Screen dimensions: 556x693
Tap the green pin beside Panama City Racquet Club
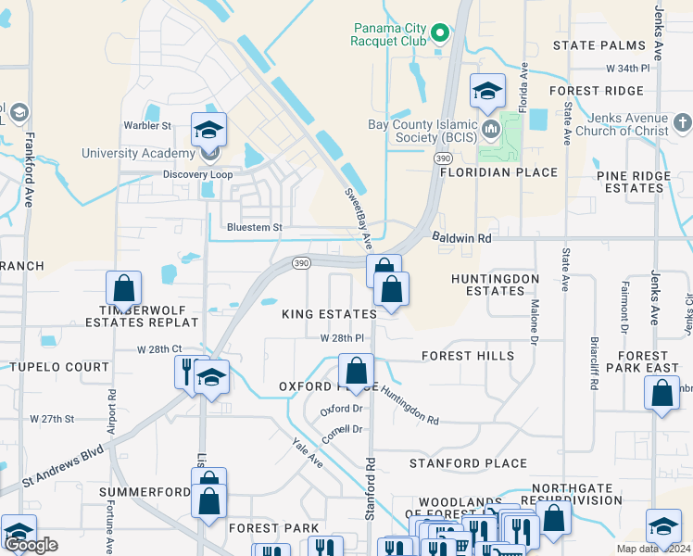click(x=442, y=35)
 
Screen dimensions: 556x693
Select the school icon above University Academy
click(x=209, y=130)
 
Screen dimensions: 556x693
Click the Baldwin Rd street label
click(x=461, y=238)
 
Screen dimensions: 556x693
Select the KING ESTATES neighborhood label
click(x=330, y=314)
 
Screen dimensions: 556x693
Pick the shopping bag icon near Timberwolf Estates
click(x=123, y=289)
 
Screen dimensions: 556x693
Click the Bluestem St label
click(x=255, y=227)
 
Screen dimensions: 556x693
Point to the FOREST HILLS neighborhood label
click(x=467, y=356)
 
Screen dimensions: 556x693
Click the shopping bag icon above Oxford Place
click(x=356, y=372)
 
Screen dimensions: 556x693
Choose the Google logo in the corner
click(x=31, y=545)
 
